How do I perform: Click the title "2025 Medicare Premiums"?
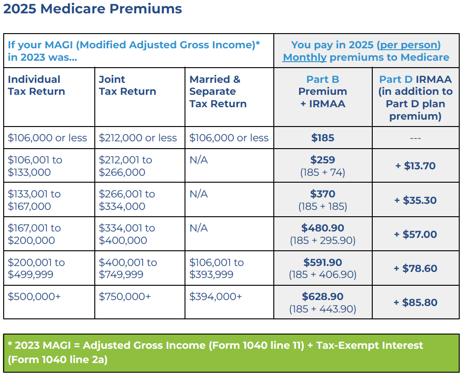click(x=92, y=9)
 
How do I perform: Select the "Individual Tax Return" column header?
click(x=36, y=85)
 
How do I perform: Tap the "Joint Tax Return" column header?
click(x=127, y=85)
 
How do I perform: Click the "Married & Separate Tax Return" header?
click(x=218, y=91)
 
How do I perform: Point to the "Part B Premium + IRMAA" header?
click(x=323, y=91)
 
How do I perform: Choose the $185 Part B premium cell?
click(x=323, y=138)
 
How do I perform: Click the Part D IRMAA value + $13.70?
click(x=415, y=166)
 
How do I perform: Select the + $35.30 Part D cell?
click(x=415, y=200)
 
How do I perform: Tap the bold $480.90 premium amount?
click(x=323, y=228)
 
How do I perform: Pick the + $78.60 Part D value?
click(x=415, y=268)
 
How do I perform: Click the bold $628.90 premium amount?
click(x=323, y=296)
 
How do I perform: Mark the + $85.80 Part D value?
click(x=415, y=302)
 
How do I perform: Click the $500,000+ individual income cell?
click(x=34, y=297)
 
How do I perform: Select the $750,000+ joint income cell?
click(x=125, y=297)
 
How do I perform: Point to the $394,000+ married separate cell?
click(x=216, y=297)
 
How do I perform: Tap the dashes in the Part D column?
click(x=415, y=138)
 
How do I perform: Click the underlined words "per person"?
click(x=409, y=45)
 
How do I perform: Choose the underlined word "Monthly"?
click(x=305, y=58)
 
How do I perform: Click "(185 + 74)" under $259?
click(x=323, y=173)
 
